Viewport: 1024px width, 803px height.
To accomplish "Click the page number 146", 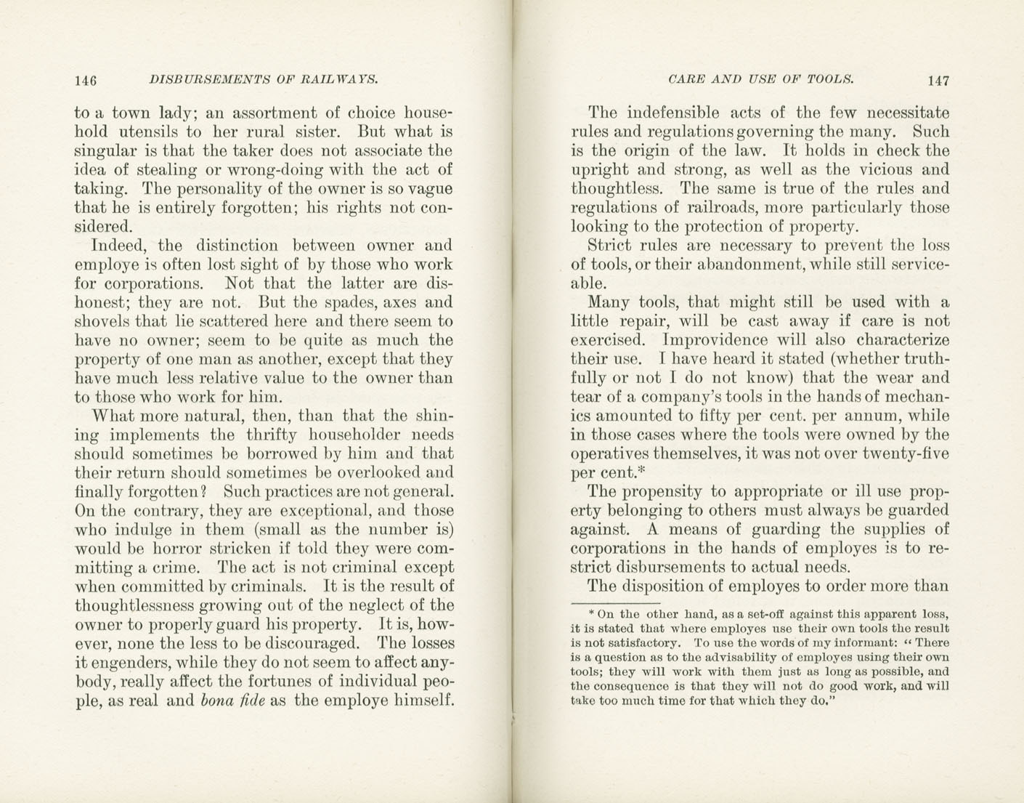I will (x=86, y=80).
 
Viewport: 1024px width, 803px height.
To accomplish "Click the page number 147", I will (x=938, y=81).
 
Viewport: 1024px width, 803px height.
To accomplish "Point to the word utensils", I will (x=148, y=132).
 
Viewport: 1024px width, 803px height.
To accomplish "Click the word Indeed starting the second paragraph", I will (x=118, y=246).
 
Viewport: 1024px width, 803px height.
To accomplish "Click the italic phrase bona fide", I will (x=232, y=701).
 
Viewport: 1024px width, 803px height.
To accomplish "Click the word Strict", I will (x=610, y=246).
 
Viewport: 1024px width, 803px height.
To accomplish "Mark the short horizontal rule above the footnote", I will (x=614, y=602).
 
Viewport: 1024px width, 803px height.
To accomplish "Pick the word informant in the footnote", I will (x=859, y=642).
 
